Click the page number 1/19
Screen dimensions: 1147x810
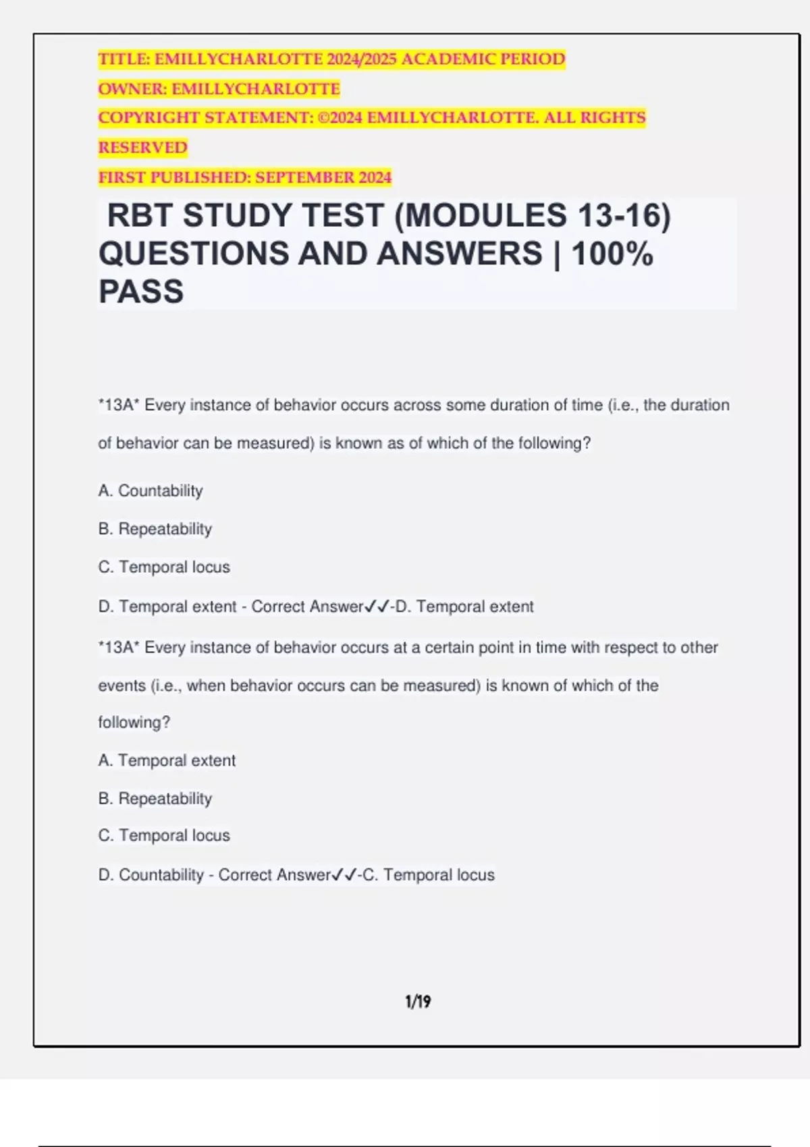418,1001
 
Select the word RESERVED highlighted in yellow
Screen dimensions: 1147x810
142,147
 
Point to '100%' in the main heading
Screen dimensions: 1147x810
612,254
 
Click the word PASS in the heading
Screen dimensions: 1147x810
141,291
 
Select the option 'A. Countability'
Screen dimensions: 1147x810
150,491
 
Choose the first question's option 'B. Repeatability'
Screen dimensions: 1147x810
155,528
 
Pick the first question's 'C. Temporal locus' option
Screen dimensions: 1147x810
164,567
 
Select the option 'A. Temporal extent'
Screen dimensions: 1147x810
167,760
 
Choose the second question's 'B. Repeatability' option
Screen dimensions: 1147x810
155,798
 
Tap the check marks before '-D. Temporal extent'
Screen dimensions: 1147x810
377,607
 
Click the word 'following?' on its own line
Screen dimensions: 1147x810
134,722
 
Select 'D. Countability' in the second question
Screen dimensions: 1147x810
151,874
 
